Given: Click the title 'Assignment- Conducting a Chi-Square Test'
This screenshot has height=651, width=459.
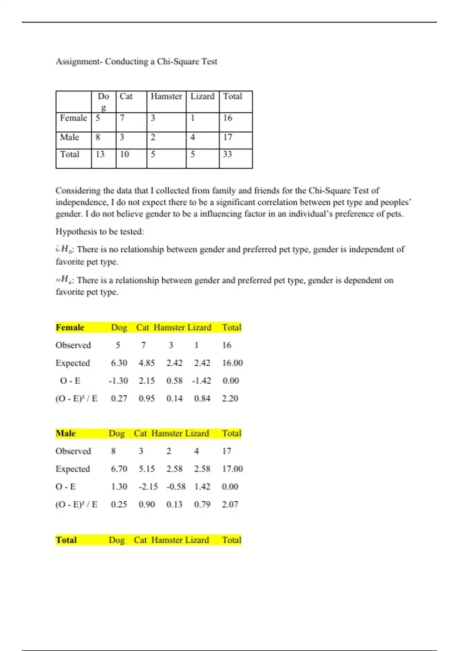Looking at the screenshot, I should pyautogui.click(x=136, y=62).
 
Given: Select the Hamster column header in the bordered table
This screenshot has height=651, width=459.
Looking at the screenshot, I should pyautogui.click(x=166, y=97).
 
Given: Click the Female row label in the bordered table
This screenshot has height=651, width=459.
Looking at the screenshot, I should pyautogui.click(x=73, y=118).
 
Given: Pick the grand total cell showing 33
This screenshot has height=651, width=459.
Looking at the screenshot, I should pyautogui.click(x=228, y=154).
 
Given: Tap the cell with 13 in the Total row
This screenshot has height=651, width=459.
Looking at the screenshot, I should pyautogui.click(x=100, y=154).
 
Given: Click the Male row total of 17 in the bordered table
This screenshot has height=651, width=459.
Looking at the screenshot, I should pyautogui.click(x=228, y=137).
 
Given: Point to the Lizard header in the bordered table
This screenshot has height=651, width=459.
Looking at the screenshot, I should pyautogui.click(x=202, y=97).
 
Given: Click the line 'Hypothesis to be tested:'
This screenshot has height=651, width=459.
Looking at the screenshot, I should pyautogui.click(x=99, y=232).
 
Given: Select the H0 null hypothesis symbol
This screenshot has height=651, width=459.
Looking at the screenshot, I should pyautogui.click(x=66, y=250).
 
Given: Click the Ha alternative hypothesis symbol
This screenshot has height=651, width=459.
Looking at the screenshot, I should pyautogui.click(x=66, y=280).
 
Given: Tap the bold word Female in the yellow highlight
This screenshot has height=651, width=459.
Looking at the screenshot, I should pyautogui.click(x=70, y=327).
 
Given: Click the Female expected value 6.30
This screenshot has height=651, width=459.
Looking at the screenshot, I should pyautogui.click(x=119, y=363).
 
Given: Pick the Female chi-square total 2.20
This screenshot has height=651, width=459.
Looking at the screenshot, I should pyautogui.click(x=230, y=399).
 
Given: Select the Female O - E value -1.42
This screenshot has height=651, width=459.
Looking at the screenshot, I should pyautogui.click(x=202, y=381).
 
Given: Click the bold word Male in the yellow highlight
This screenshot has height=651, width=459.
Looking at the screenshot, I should pyautogui.click(x=65, y=433).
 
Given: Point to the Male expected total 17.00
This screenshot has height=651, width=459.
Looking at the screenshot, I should pyautogui.click(x=232, y=469).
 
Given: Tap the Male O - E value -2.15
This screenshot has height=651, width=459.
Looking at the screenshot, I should pyautogui.click(x=148, y=487).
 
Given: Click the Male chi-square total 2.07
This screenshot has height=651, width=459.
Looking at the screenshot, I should pyautogui.click(x=230, y=505).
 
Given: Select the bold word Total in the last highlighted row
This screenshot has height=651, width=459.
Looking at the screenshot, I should pyautogui.click(x=66, y=540).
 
